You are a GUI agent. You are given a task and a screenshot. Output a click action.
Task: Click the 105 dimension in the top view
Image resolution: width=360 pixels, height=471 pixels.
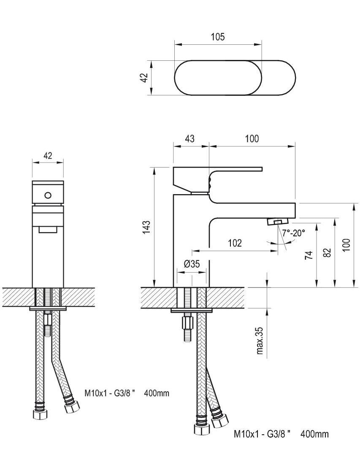pyautogui.click(x=218, y=37)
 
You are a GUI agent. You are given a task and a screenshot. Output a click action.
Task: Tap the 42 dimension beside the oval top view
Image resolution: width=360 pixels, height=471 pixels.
pyautogui.click(x=144, y=78)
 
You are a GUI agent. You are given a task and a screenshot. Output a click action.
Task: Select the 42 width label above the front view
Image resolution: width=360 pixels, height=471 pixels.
pyautogui.click(x=48, y=155)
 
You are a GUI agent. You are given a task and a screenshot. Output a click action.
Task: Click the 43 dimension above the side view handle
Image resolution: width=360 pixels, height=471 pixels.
pyautogui.click(x=190, y=138)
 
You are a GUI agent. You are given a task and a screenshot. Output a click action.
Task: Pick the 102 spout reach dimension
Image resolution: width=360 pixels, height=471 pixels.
pyautogui.click(x=235, y=243)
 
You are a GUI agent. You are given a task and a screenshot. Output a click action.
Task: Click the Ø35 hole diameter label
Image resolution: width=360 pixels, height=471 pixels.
pyautogui.click(x=192, y=264)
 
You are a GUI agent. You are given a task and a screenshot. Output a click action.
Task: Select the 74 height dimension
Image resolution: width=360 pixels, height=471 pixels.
pyautogui.click(x=309, y=255)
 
